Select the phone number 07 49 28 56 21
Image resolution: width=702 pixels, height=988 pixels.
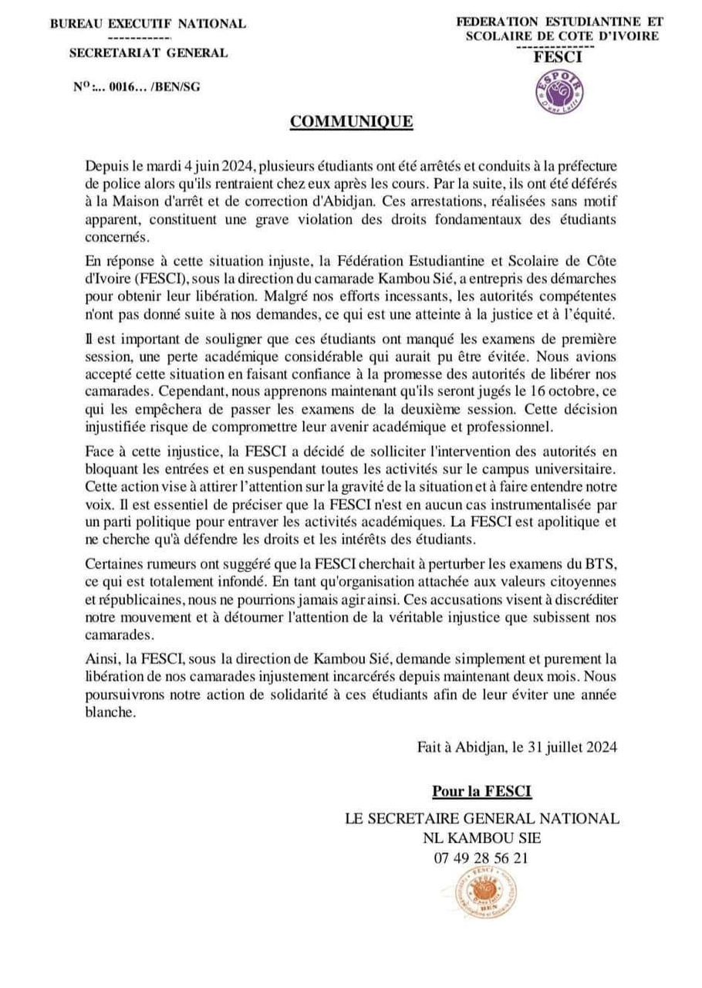(x=481, y=856)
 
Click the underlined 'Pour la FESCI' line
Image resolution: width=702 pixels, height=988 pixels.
(x=481, y=790)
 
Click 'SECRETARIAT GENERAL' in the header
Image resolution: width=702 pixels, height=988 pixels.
(x=148, y=52)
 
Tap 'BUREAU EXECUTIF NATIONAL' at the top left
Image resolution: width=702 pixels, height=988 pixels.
(x=148, y=24)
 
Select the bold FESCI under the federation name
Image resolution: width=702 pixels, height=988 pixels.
(x=559, y=56)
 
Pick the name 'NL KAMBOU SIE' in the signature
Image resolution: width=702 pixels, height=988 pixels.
(x=481, y=837)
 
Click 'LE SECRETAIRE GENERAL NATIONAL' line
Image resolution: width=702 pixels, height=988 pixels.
(x=481, y=818)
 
